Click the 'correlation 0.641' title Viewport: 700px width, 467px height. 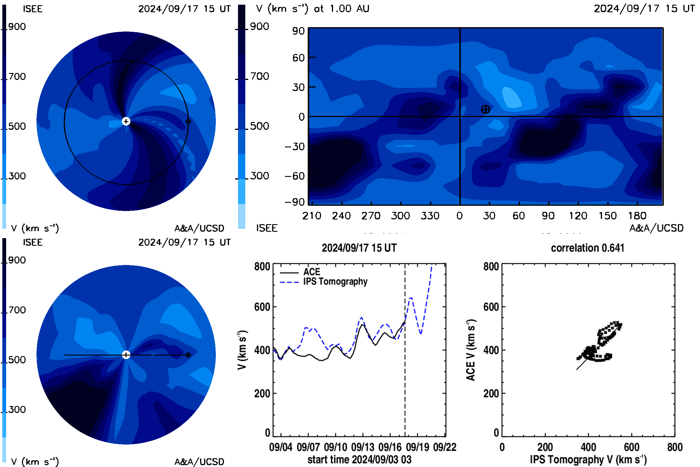click(587, 248)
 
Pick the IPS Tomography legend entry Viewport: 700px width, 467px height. click(323, 282)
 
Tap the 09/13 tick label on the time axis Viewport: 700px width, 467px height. click(363, 447)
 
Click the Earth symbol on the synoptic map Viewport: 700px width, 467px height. click(485, 110)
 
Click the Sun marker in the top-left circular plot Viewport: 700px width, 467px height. click(126, 121)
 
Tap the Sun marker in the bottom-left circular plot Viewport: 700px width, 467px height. click(126, 355)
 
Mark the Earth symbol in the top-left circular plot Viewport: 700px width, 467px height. click(188, 121)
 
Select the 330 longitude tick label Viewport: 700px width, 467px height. click(430, 216)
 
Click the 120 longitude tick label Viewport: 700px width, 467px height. click(578, 216)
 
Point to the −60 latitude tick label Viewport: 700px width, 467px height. click(295, 176)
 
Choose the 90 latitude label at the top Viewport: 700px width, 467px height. click(298, 31)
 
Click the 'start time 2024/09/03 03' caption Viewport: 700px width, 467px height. click(359, 459)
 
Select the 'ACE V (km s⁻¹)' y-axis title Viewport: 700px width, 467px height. click(471, 350)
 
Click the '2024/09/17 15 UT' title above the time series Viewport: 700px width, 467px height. click(359, 248)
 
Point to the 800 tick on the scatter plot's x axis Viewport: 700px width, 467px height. click(674, 447)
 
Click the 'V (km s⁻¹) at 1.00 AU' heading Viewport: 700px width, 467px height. click(313, 9)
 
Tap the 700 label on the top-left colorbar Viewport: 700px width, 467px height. click(17, 76)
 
